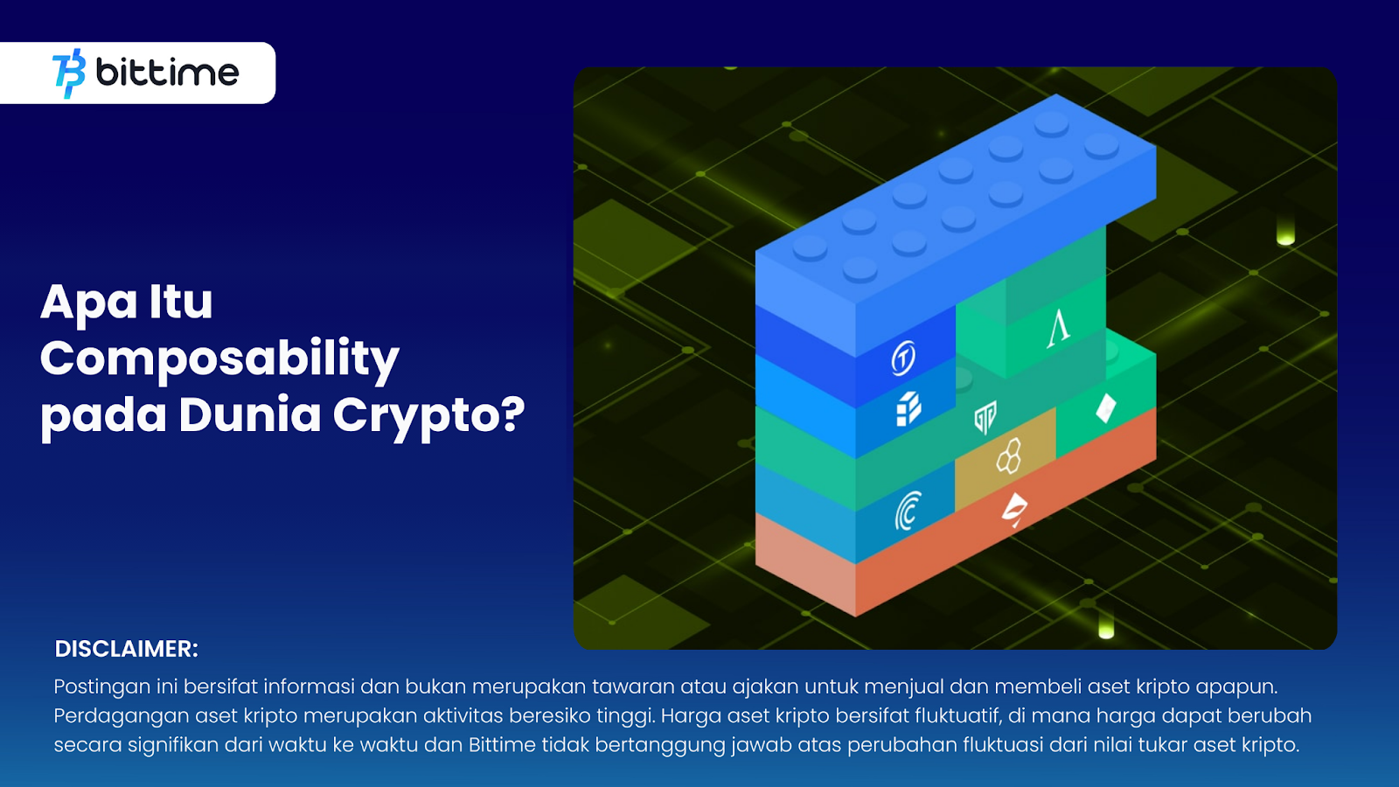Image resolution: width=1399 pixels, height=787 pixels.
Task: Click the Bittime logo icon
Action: coord(69,73)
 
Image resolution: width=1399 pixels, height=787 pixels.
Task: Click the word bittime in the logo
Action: coord(167,73)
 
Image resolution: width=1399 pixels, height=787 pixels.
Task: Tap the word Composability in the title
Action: coord(219,359)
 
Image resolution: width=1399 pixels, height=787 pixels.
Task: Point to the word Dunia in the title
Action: coord(249,415)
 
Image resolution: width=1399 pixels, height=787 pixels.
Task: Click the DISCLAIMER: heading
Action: coord(127,649)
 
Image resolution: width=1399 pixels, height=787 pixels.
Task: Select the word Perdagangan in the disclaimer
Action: coord(121,716)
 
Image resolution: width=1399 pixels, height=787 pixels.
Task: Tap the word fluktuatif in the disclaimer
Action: coord(956,716)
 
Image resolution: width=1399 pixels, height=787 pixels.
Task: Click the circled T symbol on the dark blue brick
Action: coord(903,358)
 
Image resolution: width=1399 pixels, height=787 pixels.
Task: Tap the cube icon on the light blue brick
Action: coord(908,408)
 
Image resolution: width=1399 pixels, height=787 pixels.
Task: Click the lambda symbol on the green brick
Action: coord(1059,328)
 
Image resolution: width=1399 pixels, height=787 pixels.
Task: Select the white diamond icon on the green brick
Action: coord(1106,407)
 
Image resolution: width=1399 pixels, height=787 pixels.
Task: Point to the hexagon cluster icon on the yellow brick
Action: coord(1009,456)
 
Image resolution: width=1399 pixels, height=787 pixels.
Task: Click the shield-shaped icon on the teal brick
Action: coord(985,417)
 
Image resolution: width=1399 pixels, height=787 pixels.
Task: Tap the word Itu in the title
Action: coord(181,303)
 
